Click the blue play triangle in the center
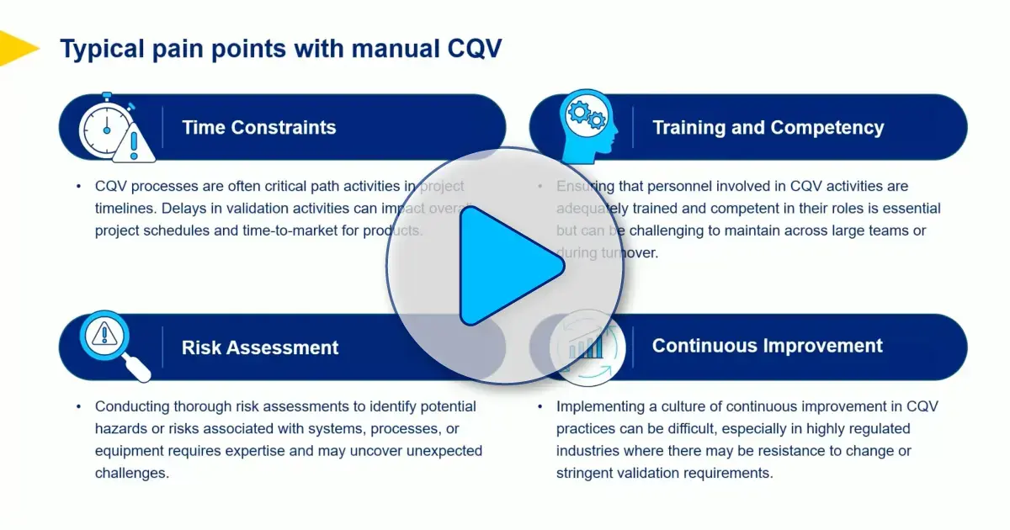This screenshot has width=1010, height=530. click(505, 266)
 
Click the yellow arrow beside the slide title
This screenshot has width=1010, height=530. click(15, 48)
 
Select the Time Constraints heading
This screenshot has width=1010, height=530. click(258, 128)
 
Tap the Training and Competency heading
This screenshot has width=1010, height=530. click(768, 128)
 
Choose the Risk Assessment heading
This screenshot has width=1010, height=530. click(260, 347)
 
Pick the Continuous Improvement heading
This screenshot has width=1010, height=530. click(767, 346)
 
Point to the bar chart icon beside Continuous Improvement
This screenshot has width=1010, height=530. click(587, 346)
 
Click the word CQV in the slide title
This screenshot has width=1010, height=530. click(470, 49)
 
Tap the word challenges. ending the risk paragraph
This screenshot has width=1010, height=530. click(132, 473)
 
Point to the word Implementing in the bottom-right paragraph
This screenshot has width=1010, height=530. click(598, 406)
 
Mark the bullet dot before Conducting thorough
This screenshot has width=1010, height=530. click(78, 406)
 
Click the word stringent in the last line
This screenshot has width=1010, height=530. click(586, 473)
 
